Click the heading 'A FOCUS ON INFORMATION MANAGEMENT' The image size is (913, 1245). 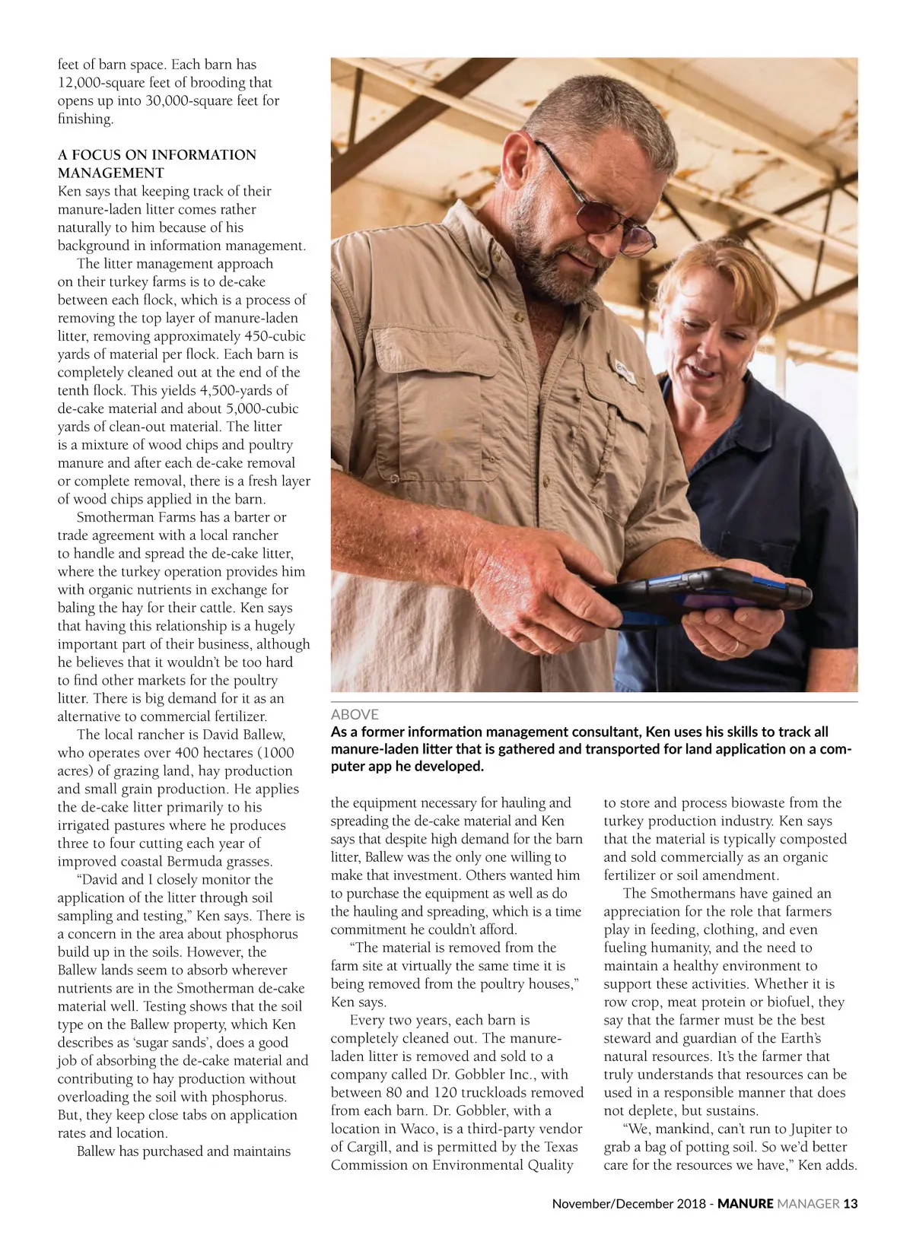tap(157, 164)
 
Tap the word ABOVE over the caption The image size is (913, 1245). tap(355, 714)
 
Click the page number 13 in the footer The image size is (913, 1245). tap(850, 1203)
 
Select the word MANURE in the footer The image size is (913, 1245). tap(745, 1203)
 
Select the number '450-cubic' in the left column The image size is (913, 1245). tap(275, 336)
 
